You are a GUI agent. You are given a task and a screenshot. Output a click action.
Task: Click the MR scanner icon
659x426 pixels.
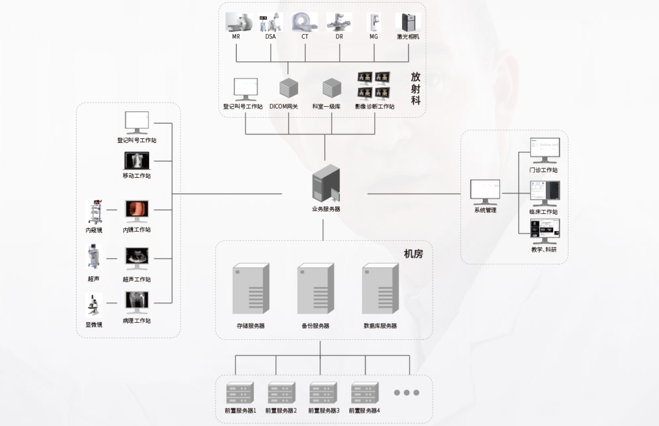pos(239,22)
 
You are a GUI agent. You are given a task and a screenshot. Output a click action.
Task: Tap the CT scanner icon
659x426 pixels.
pos(305,22)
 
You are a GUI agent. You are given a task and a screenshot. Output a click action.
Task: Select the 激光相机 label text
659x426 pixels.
pos(408,36)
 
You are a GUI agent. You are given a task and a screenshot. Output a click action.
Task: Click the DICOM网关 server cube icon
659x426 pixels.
pos(289,88)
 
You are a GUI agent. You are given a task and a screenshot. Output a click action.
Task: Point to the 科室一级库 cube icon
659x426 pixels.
pos(332,88)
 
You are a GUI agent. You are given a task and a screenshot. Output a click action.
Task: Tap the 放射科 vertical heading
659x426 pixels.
pos(416,88)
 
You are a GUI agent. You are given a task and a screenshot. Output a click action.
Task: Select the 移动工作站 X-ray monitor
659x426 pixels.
pos(137,161)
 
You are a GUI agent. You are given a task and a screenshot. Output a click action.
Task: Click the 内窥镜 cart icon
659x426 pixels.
pos(94,212)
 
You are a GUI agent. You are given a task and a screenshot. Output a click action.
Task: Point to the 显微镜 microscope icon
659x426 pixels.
pos(94,305)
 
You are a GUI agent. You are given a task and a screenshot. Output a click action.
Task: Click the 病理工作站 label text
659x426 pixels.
pos(137,321)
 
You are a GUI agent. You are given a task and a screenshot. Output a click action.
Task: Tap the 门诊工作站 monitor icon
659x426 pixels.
pos(545,150)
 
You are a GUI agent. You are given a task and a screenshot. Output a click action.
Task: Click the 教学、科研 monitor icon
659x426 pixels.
pos(545,231)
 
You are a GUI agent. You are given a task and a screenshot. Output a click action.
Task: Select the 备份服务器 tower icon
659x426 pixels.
pos(316,289)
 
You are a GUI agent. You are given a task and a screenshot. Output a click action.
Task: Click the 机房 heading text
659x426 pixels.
pos(413,254)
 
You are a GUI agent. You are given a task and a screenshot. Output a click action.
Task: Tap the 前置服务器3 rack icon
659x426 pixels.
pos(324,393)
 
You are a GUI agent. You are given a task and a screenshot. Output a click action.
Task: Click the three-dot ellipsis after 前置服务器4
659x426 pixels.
pos(406,393)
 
